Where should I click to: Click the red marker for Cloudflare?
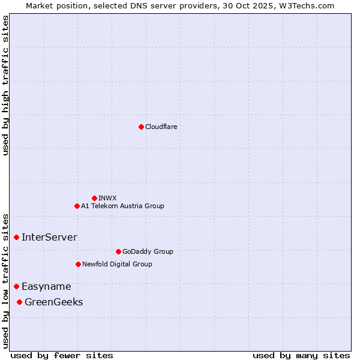[141, 127]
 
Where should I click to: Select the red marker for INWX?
[94, 198]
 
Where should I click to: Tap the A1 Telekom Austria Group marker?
[77, 206]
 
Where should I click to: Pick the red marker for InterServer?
[16, 238]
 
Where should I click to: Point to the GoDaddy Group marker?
[118, 251]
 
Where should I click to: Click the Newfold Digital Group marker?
[78, 264]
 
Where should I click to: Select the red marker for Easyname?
[16, 287]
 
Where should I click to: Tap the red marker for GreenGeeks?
[20, 302]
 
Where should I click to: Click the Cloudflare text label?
[161, 127]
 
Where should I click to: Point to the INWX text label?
[107, 198]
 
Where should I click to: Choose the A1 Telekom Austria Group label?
[122, 206]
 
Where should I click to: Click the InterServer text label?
[49, 238]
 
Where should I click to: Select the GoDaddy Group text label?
[148, 251]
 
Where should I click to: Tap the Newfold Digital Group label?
[117, 264]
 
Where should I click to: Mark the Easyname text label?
[46, 287]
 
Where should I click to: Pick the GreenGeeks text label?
[53, 302]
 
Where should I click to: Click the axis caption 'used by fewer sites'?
[62, 355]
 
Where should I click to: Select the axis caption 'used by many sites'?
[301, 355]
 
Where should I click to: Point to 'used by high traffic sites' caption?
[5, 86]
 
